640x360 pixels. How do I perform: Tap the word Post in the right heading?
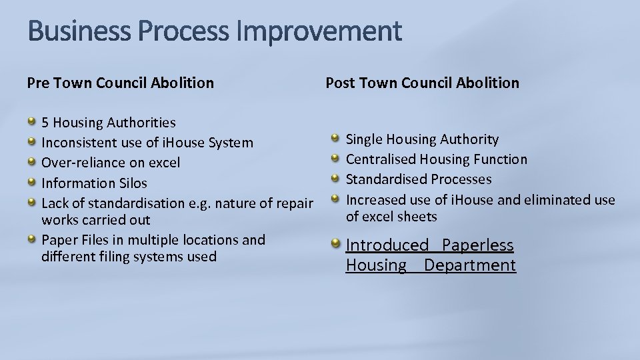click(x=339, y=83)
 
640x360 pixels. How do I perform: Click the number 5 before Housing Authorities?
click(x=45, y=123)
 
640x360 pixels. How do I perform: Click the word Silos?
click(x=132, y=183)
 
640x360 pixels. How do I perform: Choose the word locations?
click(x=208, y=240)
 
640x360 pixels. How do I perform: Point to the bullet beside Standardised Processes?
click(x=335, y=179)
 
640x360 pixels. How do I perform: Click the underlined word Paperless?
click(x=478, y=245)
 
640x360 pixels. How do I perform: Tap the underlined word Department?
click(x=470, y=265)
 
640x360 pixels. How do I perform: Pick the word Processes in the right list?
click(x=461, y=179)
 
